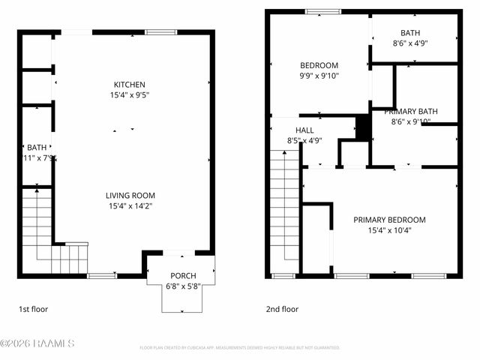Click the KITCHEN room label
(129, 85)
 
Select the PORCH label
(183, 275)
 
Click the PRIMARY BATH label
(411, 111)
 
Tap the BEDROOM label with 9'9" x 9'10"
(319, 65)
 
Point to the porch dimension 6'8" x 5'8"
(183, 286)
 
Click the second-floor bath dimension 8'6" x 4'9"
(410, 43)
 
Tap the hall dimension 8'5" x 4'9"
(304, 140)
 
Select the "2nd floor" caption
(282, 308)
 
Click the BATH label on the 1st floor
(37, 148)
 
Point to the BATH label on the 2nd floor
(410, 33)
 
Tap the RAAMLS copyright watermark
(37, 343)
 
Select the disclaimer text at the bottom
(239, 348)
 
